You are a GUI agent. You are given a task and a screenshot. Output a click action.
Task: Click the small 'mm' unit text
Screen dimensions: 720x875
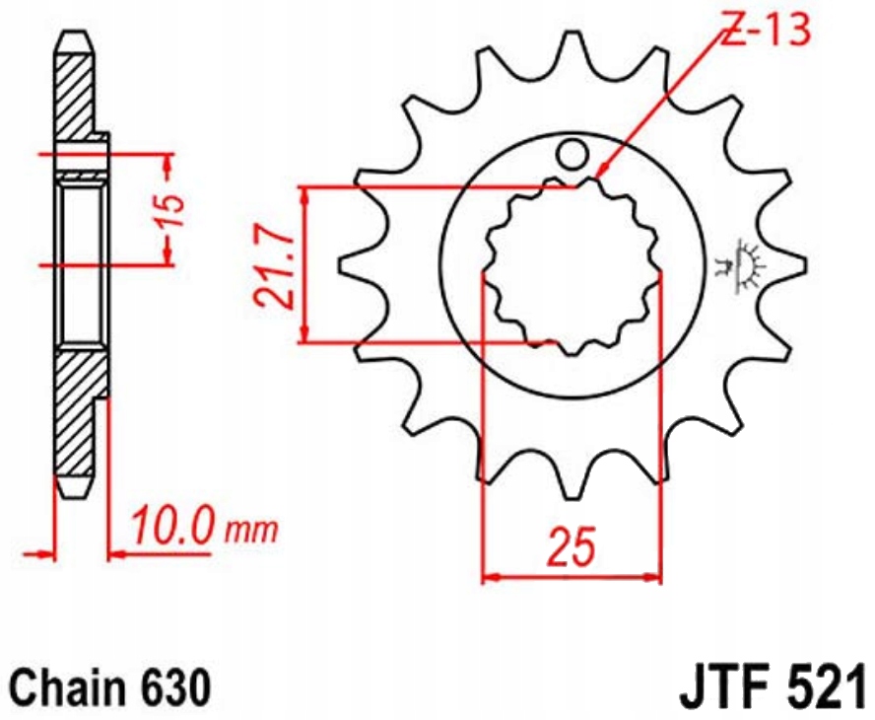click(x=252, y=530)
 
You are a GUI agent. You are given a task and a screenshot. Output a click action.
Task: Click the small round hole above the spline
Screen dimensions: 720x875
click(x=571, y=154)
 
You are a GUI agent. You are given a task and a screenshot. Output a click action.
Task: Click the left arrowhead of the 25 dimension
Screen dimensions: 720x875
click(x=490, y=573)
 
